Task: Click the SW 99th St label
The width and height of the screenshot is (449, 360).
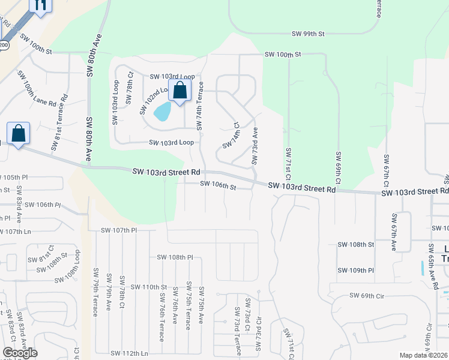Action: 308,35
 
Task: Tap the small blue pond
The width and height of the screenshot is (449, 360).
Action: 161,111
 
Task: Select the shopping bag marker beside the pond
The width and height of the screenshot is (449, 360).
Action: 179,92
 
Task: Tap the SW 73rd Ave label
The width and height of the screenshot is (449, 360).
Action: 255,145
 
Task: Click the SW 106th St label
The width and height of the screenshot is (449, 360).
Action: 218,187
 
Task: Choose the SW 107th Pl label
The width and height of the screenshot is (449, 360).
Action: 119,230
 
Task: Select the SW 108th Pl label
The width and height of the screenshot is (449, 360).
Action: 175,257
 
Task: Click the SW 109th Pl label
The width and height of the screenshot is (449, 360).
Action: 355,271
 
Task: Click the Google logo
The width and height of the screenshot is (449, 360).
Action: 20,353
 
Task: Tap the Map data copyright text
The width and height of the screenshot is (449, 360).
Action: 423,355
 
